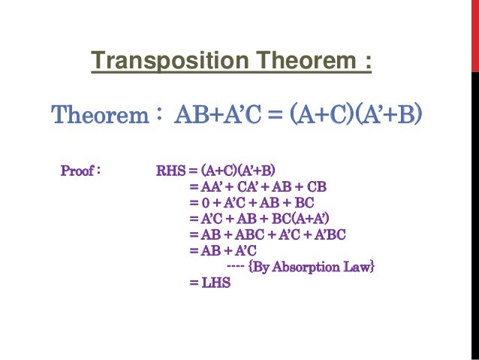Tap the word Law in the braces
pyautogui.click(x=356, y=267)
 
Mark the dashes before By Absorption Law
pyautogui.click(x=234, y=268)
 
